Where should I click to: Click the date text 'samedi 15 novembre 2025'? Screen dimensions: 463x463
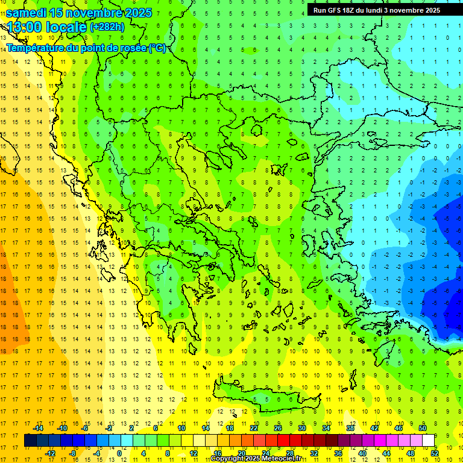point(79,13)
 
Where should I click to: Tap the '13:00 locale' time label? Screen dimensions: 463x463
point(46,27)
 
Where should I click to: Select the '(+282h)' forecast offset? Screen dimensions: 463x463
point(107,27)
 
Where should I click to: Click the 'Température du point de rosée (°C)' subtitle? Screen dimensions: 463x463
point(86,48)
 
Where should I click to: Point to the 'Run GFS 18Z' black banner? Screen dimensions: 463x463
point(376,10)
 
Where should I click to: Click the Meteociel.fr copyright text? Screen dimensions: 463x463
point(256,459)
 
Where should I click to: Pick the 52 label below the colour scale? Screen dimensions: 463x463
point(435,453)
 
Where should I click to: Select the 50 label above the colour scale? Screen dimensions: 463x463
point(422,428)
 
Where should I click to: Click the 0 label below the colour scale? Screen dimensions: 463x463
point(119,453)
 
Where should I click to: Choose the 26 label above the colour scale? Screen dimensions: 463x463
point(278,428)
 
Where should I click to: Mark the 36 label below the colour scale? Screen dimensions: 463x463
point(338,453)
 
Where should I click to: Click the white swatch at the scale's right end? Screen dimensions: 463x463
point(429,440)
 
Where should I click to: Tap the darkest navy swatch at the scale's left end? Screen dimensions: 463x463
point(31,440)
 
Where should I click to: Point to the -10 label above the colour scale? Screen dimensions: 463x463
point(61,428)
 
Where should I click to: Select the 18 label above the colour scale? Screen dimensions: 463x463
point(230,428)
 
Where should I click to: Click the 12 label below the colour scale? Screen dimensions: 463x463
point(194,453)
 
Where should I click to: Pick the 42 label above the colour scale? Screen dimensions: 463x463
point(374,428)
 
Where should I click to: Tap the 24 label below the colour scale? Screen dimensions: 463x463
point(266,453)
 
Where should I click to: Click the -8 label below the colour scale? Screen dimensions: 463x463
point(72,453)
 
